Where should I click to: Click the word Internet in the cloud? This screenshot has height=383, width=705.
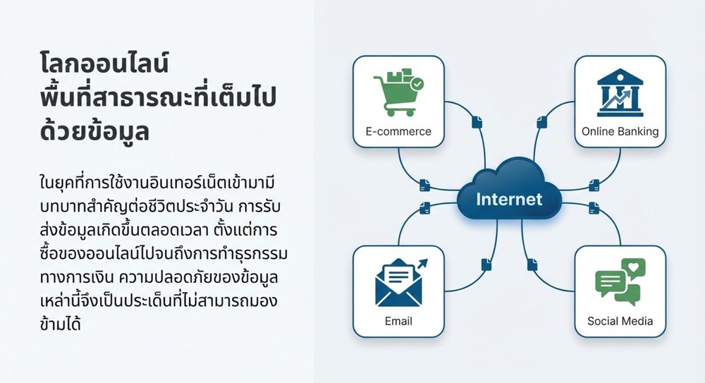[x=509, y=200]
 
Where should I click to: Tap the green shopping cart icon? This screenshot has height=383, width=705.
[x=398, y=92]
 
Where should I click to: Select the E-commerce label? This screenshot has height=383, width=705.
[x=398, y=131]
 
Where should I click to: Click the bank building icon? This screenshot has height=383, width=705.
[x=620, y=92]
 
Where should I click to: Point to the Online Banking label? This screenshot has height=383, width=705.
[x=620, y=131]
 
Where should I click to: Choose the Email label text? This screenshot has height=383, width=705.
[x=398, y=321]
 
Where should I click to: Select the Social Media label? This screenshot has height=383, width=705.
[x=620, y=321]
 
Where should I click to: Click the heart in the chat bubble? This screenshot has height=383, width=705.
[x=633, y=267]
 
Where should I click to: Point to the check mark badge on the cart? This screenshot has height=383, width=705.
[x=417, y=84]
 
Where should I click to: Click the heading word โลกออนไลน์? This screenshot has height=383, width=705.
[x=104, y=63]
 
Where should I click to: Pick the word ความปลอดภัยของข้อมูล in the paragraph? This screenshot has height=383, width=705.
[x=198, y=276]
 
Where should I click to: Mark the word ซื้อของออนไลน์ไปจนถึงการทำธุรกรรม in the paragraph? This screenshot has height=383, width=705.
[x=164, y=253]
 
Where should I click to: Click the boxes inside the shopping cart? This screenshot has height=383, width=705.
[x=400, y=75]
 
